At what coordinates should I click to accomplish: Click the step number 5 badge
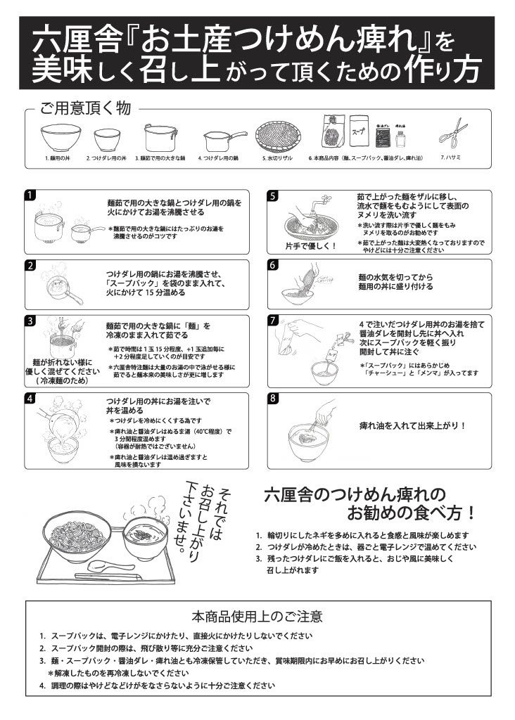click(274, 195)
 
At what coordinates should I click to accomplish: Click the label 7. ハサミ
click(451, 157)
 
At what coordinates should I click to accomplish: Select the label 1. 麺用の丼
click(58, 159)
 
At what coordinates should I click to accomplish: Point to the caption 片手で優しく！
click(310, 246)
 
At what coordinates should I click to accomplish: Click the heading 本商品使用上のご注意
click(257, 617)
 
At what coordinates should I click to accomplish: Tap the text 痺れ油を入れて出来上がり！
click(413, 425)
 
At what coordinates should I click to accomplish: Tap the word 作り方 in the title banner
click(443, 70)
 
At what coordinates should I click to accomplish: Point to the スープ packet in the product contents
click(359, 129)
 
